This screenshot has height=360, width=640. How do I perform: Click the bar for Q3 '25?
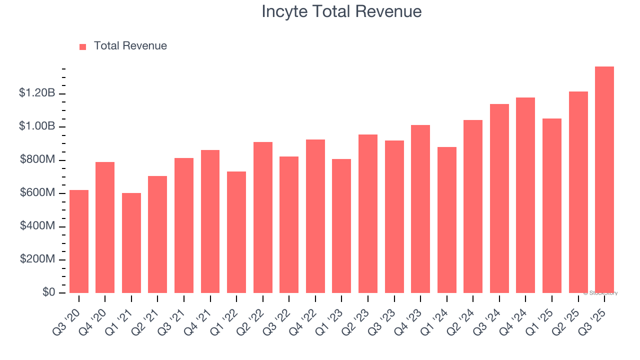(x=604, y=180)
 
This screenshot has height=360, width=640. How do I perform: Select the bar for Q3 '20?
(x=79, y=241)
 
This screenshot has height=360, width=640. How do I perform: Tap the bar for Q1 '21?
(x=131, y=243)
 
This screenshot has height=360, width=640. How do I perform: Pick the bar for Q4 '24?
(x=525, y=195)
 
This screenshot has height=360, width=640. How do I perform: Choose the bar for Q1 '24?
(x=446, y=220)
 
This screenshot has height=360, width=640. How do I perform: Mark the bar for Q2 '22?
(x=263, y=217)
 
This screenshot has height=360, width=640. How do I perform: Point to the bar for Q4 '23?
(x=420, y=209)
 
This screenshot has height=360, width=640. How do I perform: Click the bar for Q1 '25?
(x=551, y=205)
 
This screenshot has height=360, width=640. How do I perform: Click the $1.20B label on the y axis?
(x=37, y=93)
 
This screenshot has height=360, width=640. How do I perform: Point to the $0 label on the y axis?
(x=48, y=292)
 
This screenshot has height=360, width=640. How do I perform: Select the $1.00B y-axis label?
(x=37, y=126)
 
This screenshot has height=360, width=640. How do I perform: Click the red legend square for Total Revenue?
(x=83, y=46)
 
